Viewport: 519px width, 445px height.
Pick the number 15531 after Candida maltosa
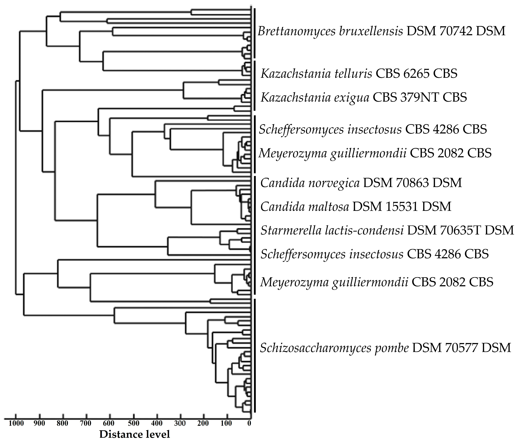[x=404, y=207]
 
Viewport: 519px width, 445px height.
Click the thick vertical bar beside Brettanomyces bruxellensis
[x=255, y=33]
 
